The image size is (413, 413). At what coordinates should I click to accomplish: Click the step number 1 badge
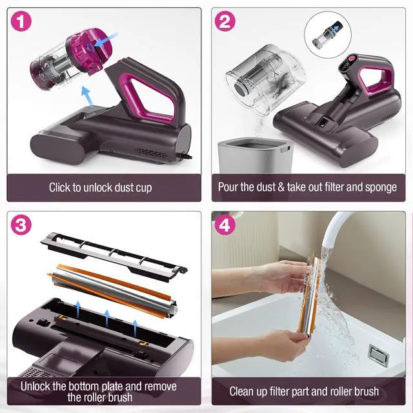22,22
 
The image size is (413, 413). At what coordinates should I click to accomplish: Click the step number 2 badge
225,22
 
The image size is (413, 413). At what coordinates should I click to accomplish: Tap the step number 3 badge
22,225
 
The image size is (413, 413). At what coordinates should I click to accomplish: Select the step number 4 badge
225,225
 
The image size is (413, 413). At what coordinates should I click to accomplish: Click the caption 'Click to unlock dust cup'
101,188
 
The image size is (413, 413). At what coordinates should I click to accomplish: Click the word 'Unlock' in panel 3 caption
37,386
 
